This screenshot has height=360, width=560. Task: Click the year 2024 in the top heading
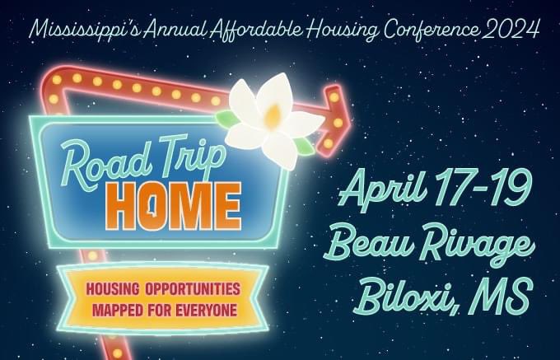coord(512,30)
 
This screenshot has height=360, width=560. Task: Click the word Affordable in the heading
coord(259,30)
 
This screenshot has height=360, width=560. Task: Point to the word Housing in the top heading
coord(343,30)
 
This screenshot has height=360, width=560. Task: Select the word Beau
coord(370,245)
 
